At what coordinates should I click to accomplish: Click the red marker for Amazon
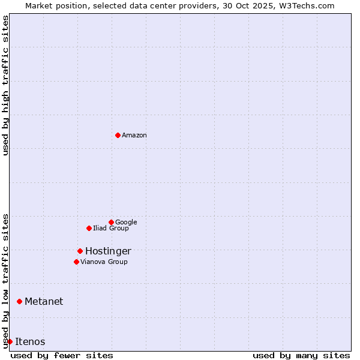point(118,135)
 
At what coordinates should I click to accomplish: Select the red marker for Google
point(111,222)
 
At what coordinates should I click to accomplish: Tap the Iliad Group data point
point(89,228)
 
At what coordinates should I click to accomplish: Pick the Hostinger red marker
point(80,251)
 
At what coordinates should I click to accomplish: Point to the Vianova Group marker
point(76,262)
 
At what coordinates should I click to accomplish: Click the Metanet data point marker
point(19,301)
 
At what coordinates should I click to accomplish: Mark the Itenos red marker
point(10,341)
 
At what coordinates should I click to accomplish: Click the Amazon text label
point(134,135)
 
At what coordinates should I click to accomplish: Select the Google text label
point(126,222)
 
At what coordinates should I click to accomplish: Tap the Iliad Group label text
point(111,228)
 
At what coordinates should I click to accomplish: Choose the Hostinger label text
point(108,251)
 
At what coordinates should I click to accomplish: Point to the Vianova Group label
point(104,262)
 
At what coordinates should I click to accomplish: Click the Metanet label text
point(44,301)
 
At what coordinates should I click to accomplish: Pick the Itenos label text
point(30,341)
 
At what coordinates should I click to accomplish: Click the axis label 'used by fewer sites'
point(62,355)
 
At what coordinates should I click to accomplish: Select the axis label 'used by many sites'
point(301,355)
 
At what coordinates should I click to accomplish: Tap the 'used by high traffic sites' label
point(5,85)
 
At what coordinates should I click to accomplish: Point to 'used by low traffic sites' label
point(5,280)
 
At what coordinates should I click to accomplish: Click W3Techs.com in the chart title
point(305,5)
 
